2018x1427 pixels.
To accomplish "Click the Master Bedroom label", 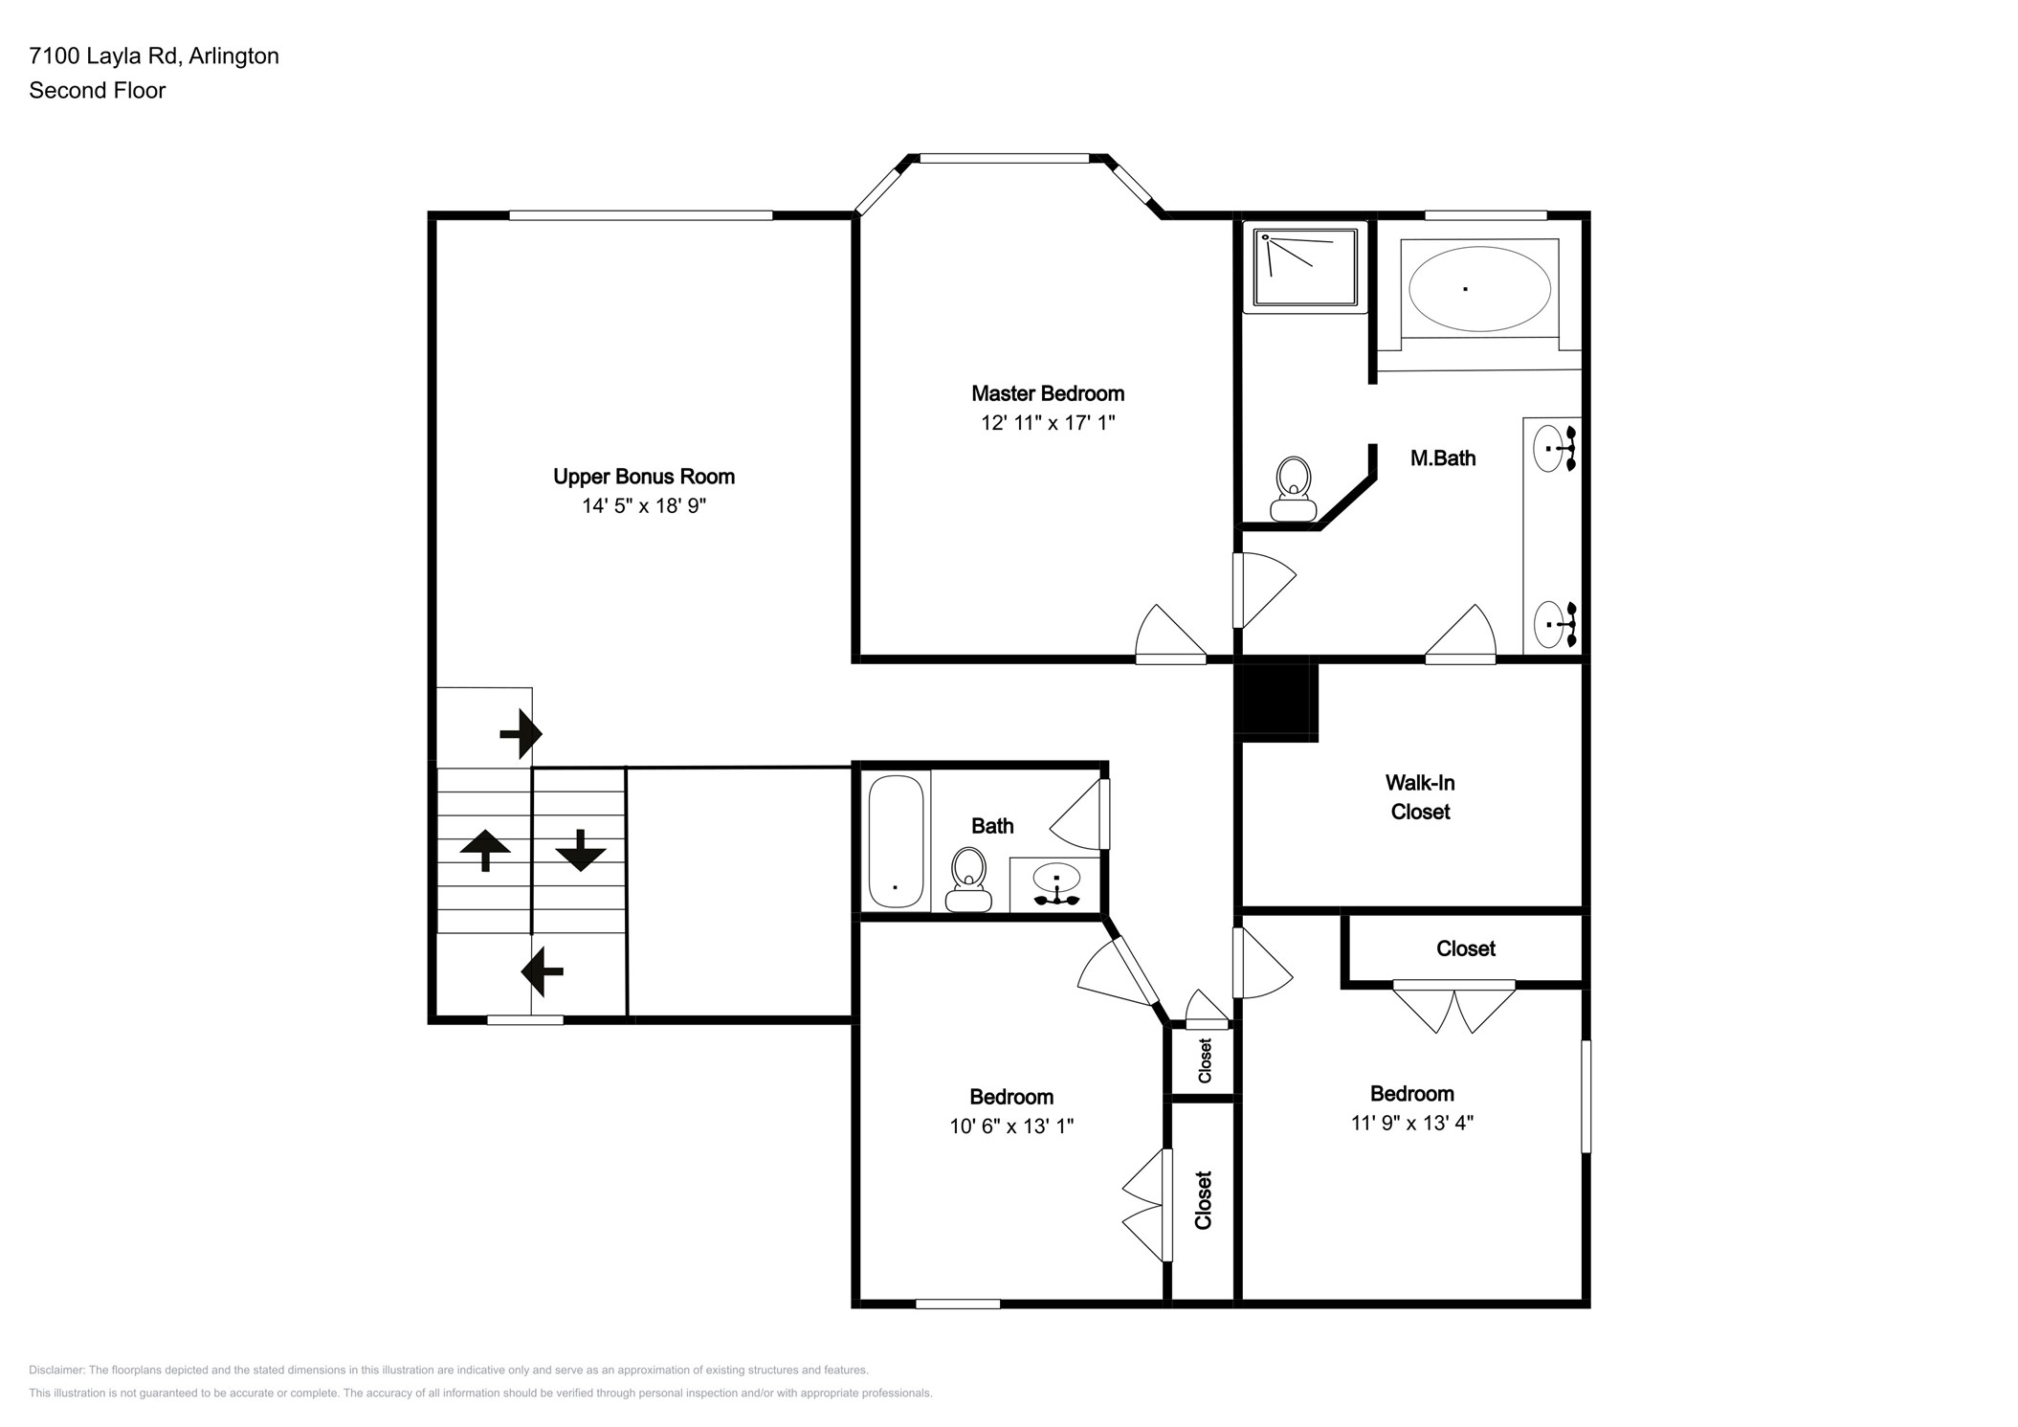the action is click(1048, 393).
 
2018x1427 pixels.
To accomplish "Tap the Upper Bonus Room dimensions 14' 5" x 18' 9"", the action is click(644, 505).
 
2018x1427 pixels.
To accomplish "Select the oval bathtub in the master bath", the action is click(1479, 289).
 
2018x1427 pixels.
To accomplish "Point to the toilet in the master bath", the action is click(1293, 488).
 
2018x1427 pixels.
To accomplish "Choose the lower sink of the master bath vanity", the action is click(1554, 624).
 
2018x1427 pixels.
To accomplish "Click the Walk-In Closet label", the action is click(1420, 797).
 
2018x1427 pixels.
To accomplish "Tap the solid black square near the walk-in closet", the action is click(1275, 702).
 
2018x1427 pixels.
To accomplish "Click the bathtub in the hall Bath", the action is click(896, 840).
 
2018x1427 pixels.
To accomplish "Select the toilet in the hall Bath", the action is click(968, 879).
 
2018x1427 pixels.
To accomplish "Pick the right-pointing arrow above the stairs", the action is click(521, 734).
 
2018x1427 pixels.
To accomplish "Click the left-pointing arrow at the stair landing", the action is click(542, 971).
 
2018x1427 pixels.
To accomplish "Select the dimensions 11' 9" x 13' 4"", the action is click(1412, 1123).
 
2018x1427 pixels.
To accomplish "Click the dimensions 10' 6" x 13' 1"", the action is click(1011, 1126).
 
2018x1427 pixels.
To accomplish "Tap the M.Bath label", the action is click(1443, 458).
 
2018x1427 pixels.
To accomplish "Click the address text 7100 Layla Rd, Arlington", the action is click(154, 56).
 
